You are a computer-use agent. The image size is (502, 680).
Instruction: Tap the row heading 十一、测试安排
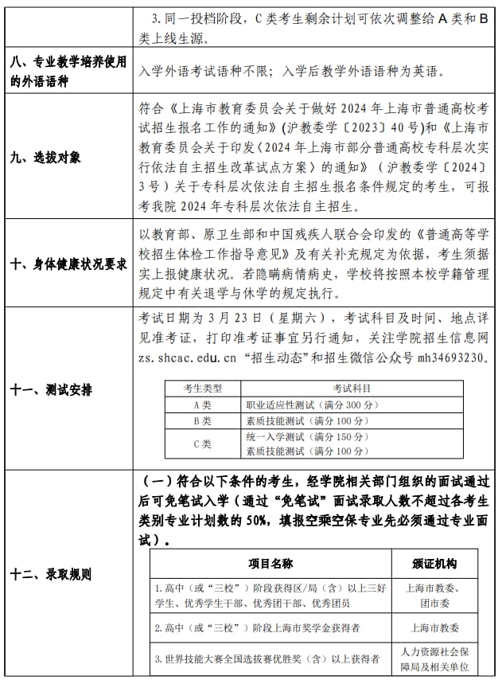51,389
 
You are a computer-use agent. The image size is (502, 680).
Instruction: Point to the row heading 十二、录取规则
51,573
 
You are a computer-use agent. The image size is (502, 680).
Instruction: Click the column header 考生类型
203,388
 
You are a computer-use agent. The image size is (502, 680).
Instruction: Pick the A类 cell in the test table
203,404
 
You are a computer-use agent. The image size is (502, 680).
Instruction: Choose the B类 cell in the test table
203,420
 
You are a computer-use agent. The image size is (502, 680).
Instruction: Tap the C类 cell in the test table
203,444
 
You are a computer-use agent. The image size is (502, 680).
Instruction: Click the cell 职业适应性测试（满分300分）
313,404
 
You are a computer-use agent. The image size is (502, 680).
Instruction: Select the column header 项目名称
270,563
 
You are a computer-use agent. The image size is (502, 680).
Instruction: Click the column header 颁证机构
434,563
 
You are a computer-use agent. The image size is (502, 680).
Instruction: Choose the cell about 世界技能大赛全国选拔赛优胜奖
267,659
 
